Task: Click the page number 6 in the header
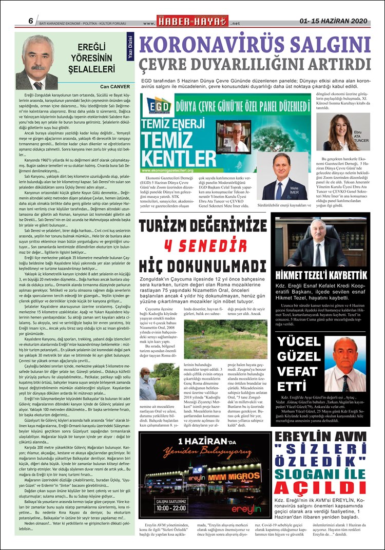31,21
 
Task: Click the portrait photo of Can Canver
38,62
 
